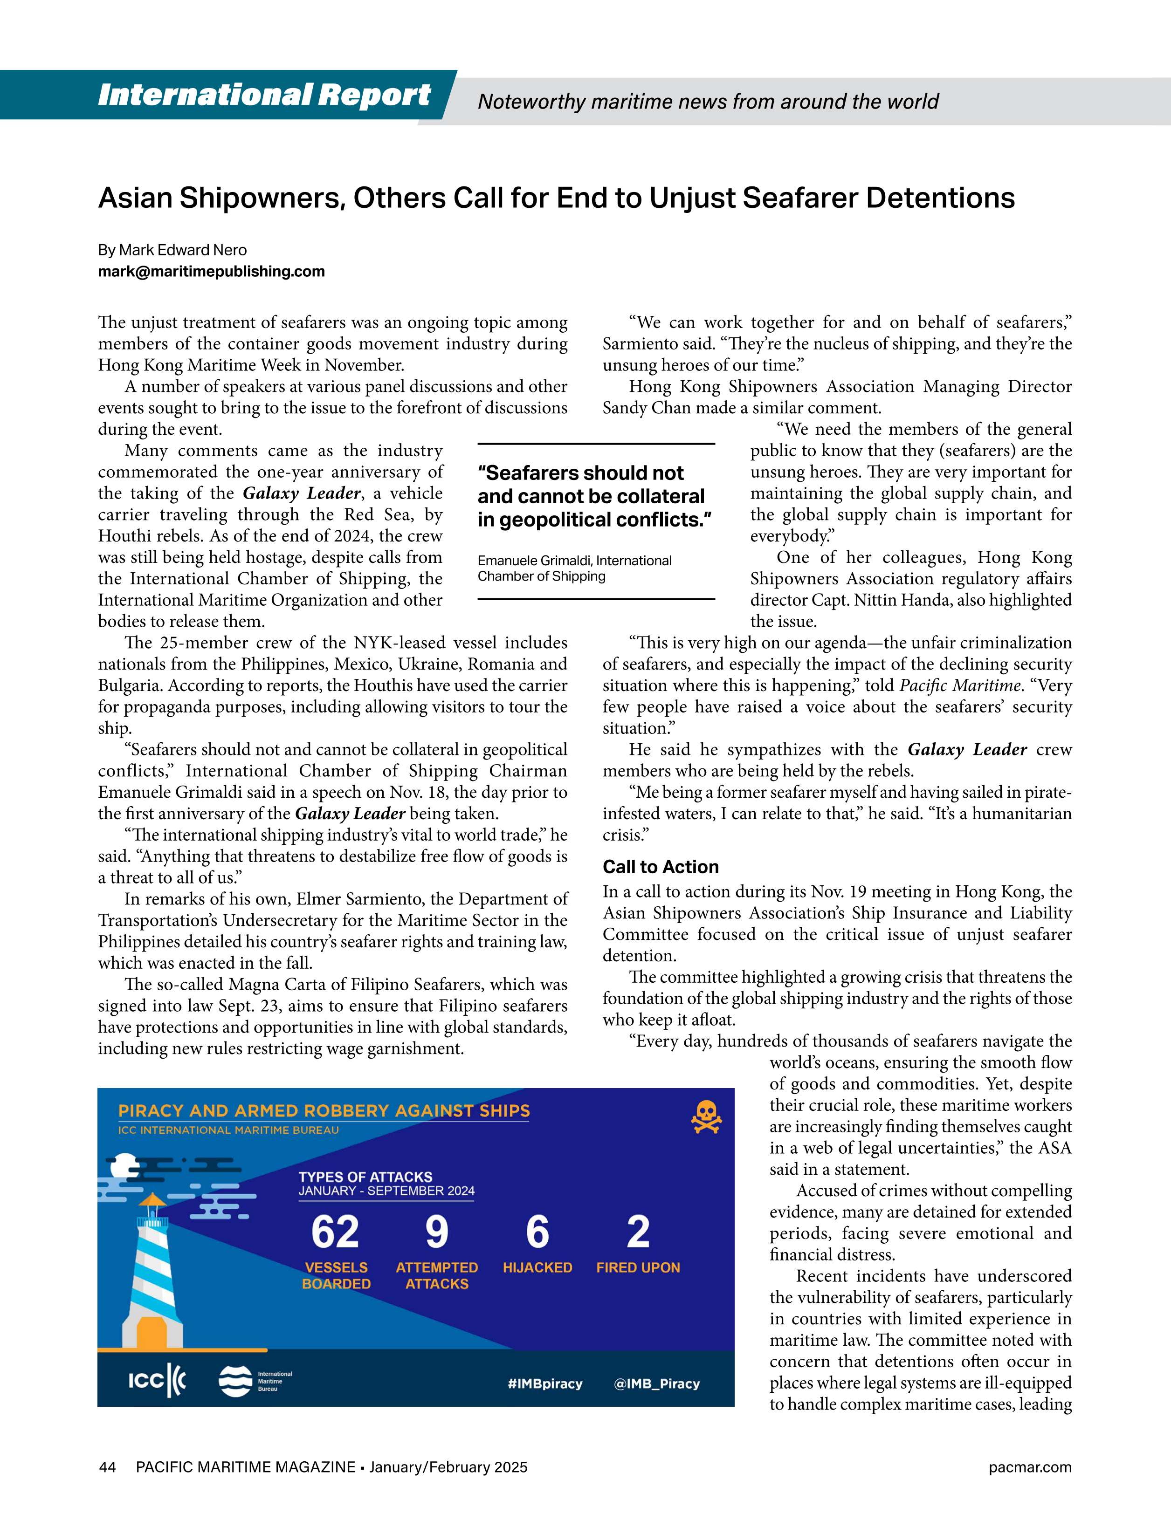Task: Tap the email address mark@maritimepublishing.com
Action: [x=211, y=271]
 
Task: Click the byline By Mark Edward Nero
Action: [x=172, y=250]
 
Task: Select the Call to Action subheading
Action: [x=660, y=867]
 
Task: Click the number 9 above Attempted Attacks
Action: [x=436, y=1232]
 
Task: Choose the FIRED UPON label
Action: [x=638, y=1268]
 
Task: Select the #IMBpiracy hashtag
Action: [x=544, y=1384]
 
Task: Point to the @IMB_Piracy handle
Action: [x=656, y=1384]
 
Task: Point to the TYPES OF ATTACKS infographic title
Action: [x=365, y=1177]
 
